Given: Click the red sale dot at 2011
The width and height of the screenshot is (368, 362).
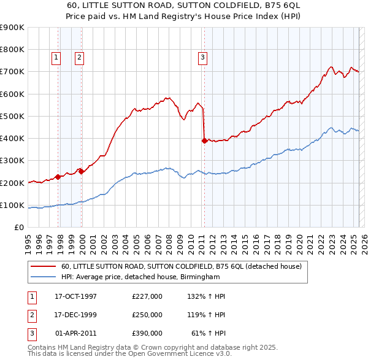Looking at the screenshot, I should [204, 140].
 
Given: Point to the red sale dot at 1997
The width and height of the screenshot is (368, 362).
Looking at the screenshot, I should [58, 177].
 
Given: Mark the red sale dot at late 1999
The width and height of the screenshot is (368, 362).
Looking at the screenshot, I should [82, 172].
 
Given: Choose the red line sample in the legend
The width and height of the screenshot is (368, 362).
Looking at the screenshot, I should [44, 267].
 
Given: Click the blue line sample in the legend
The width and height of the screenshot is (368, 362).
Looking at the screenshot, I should [44, 277].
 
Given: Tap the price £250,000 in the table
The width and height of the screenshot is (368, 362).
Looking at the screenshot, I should [147, 315].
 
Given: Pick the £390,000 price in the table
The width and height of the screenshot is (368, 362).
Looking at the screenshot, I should [147, 333].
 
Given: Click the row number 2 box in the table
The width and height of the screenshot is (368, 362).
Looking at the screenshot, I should [30, 315].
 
